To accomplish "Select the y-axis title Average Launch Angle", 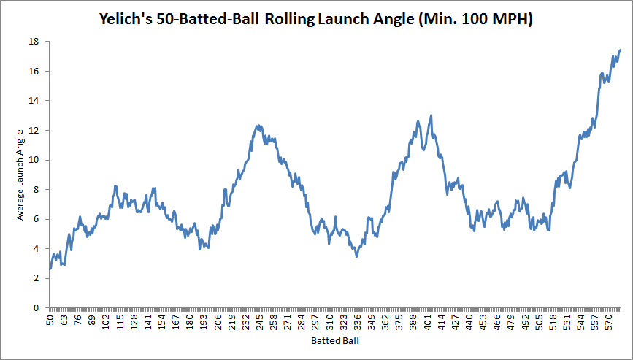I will coord(21,173).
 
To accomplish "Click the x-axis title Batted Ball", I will coord(334,340).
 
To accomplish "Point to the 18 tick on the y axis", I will coord(33,42).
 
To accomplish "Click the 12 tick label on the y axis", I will coord(33,131).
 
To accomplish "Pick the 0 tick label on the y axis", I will coord(36,308).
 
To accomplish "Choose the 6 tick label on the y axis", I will coord(36,219).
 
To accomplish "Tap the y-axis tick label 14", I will coord(33,101).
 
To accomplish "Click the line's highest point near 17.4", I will coord(620,50).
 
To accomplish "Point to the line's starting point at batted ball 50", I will coord(50,269).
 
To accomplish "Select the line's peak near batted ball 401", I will coord(431,115).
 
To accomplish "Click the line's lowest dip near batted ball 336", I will coord(356,256).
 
